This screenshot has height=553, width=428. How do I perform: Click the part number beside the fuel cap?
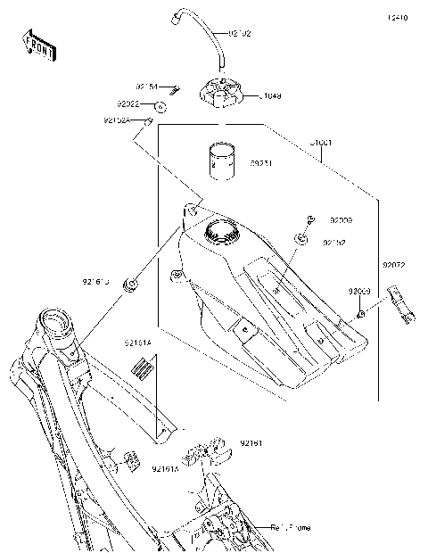pos(247,94)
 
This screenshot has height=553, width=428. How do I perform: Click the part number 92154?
pos(146,87)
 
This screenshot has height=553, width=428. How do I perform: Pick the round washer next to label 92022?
pos(161,108)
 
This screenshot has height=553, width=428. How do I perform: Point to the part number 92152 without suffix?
pos(333,242)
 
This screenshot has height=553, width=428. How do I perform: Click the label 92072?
pos(394,265)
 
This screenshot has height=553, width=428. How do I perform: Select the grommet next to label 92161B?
pos(132,285)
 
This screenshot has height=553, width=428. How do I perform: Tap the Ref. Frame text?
pos(292,528)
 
